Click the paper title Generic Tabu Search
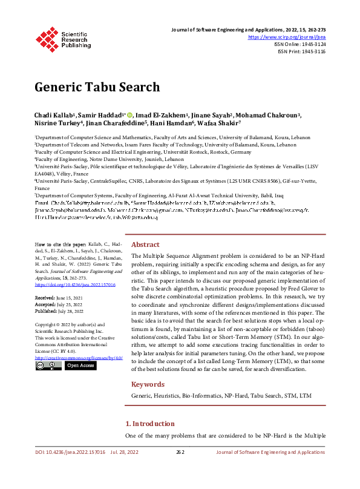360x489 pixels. click(x=97, y=87)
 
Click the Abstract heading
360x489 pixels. click(x=145, y=261)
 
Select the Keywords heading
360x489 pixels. click(x=148, y=384)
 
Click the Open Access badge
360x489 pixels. click(x=80, y=366)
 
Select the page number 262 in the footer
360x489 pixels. click(x=180, y=452)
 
